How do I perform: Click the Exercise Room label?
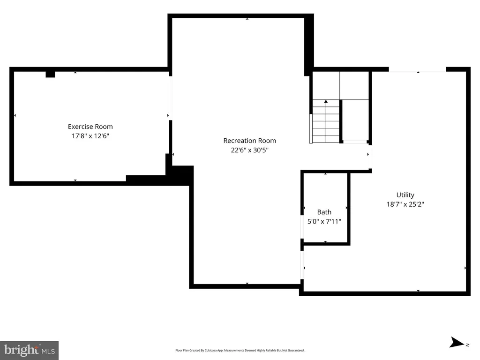[90, 127]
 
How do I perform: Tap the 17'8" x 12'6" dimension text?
[90, 136]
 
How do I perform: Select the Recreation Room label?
[249, 141]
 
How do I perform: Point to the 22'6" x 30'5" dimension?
[249, 150]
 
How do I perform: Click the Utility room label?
[405, 195]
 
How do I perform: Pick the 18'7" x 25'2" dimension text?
[405, 204]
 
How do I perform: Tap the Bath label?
[324, 212]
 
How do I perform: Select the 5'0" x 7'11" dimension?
[324, 221]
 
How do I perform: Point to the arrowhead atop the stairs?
[326, 101]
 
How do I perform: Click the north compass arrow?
[457, 342]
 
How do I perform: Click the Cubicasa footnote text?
[240, 350]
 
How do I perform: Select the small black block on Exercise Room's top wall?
[50, 75]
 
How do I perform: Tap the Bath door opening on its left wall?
[302, 227]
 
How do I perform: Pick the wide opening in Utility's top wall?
[418, 69]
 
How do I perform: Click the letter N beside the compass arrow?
[467, 345]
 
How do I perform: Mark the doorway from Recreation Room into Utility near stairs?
[370, 157]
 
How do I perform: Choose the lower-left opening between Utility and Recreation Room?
[302, 265]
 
